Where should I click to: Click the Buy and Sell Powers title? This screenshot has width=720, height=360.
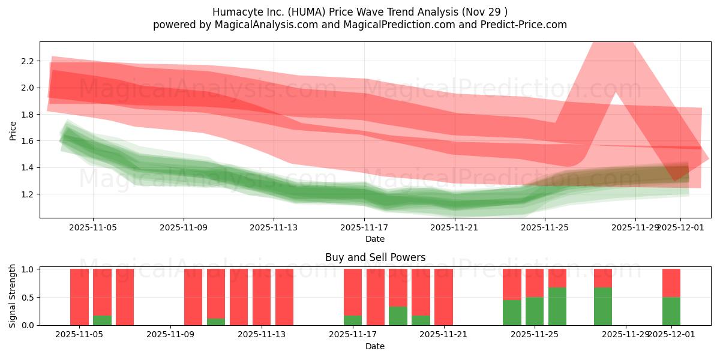click(x=375, y=257)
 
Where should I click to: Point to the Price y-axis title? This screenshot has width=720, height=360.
click(x=13, y=130)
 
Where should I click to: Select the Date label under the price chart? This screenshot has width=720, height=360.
click(x=375, y=239)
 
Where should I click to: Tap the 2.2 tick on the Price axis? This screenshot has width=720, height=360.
click(x=26, y=61)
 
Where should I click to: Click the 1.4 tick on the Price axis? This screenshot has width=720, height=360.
click(x=26, y=167)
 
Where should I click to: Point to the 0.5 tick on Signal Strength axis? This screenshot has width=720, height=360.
click(x=26, y=297)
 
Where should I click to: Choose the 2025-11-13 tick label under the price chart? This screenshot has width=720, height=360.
click(x=274, y=227)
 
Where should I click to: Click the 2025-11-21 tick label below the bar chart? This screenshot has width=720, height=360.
click(x=443, y=335)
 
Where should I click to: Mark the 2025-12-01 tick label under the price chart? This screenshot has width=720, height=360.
click(x=680, y=227)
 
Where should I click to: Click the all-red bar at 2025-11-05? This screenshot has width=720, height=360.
click(x=79, y=297)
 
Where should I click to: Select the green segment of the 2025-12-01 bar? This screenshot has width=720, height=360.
click(x=671, y=311)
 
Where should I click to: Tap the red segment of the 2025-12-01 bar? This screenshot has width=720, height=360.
click(x=671, y=283)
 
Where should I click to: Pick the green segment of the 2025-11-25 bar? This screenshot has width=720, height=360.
click(x=535, y=311)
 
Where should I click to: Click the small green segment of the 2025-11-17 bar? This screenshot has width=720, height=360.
click(x=353, y=320)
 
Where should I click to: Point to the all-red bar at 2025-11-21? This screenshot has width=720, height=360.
click(x=443, y=297)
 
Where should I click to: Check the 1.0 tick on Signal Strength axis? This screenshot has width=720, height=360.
click(x=26, y=269)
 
